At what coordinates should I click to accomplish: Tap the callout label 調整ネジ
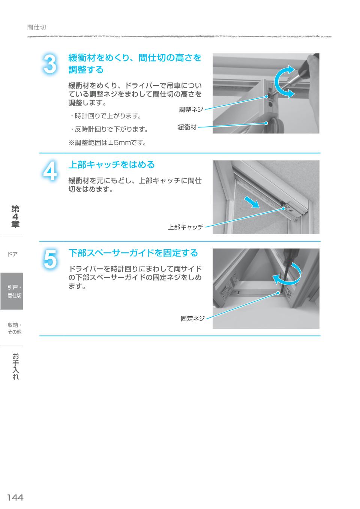click(191, 109)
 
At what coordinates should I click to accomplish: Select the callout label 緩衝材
click(187, 127)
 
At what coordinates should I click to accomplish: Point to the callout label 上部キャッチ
click(186, 227)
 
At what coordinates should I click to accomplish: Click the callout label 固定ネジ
click(193, 319)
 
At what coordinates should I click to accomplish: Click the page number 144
click(15, 497)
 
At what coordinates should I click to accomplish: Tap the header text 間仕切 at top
click(37, 27)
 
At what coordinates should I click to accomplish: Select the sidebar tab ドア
click(12, 254)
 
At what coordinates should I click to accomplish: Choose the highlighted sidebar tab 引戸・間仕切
click(14, 291)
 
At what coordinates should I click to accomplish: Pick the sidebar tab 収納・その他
click(14, 328)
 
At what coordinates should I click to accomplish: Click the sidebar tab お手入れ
click(15, 366)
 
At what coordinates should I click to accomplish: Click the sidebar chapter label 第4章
click(15, 216)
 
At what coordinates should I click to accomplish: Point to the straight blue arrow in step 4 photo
click(250, 202)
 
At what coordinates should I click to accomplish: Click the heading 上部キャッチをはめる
click(111, 165)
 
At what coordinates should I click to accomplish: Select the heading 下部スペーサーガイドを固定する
click(133, 253)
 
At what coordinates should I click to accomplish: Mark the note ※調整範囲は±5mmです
click(107, 142)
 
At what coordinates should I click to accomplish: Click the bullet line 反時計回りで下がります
click(109, 129)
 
